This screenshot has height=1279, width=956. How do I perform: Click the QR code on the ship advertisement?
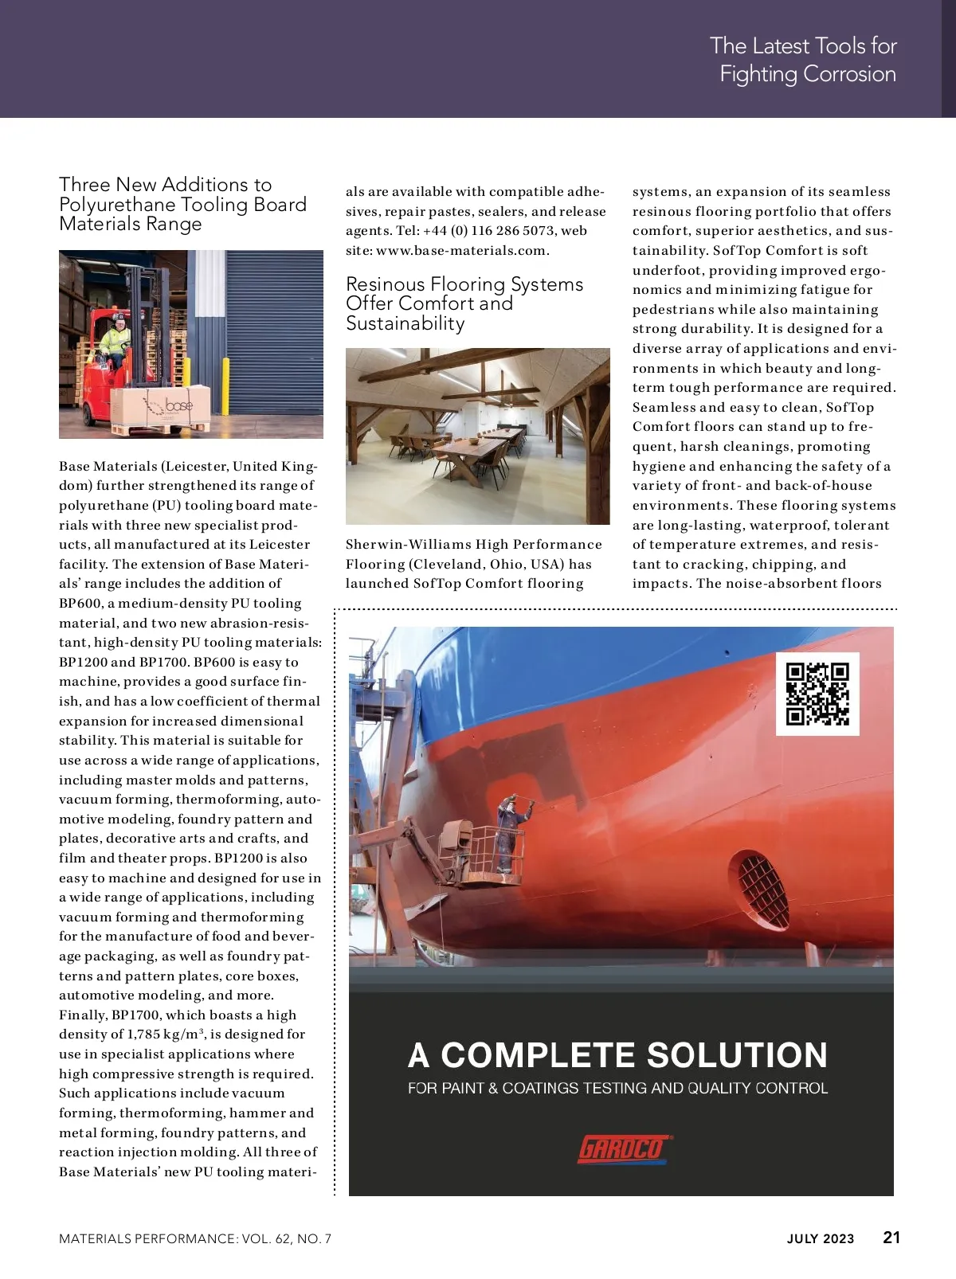pyautogui.click(x=817, y=694)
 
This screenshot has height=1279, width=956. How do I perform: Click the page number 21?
pyautogui.click(x=891, y=1238)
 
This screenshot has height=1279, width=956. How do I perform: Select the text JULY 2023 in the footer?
pyautogui.click(x=820, y=1239)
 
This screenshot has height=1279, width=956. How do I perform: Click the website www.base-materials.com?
pyautogui.click(x=461, y=251)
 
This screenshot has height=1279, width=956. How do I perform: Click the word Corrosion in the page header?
pyautogui.click(x=849, y=74)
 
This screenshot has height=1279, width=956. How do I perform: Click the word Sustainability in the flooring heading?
pyautogui.click(x=405, y=323)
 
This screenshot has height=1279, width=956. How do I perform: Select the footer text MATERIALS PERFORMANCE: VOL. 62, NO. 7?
pyautogui.click(x=195, y=1239)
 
